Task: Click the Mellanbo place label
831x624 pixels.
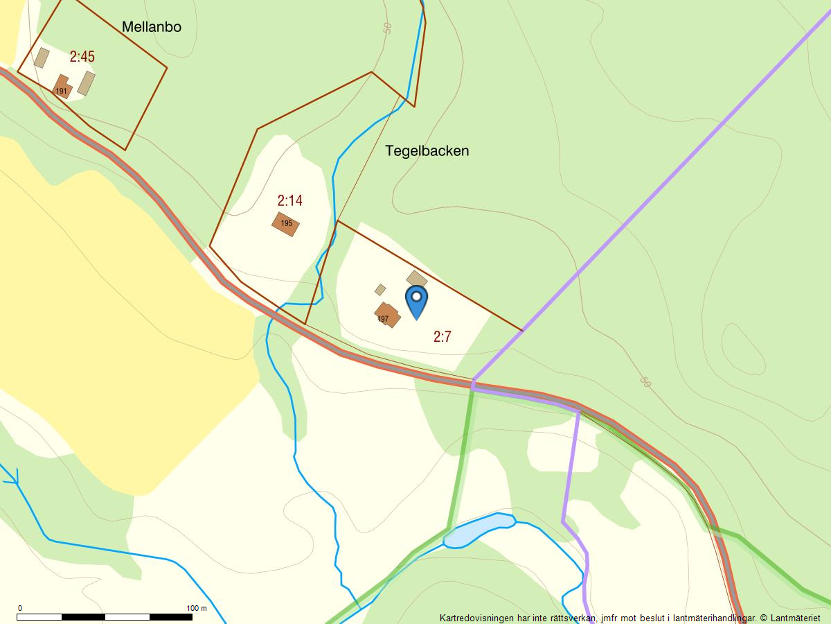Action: [x=151, y=27]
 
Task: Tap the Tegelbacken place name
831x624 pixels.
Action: [x=427, y=150]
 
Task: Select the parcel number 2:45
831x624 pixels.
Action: [x=82, y=57]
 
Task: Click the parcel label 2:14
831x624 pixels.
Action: [x=289, y=201]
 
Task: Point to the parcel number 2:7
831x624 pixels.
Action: [x=442, y=337]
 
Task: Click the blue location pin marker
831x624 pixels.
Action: [x=416, y=300]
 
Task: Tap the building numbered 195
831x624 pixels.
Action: [x=285, y=224]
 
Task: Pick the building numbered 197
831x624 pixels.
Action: [x=388, y=315]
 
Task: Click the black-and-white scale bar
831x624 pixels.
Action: [x=104, y=616]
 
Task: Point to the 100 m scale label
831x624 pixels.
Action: [x=197, y=608]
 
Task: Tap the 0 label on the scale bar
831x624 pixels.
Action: [x=19, y=608]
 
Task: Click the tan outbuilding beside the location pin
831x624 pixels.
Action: [x=416, y=279]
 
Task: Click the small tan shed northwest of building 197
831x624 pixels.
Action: [x=380, y=289]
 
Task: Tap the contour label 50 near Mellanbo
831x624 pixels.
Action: [x=386, y=28]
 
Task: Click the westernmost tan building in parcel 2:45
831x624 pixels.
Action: [x=42, y=58]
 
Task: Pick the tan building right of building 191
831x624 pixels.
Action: [x=86, y=83]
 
